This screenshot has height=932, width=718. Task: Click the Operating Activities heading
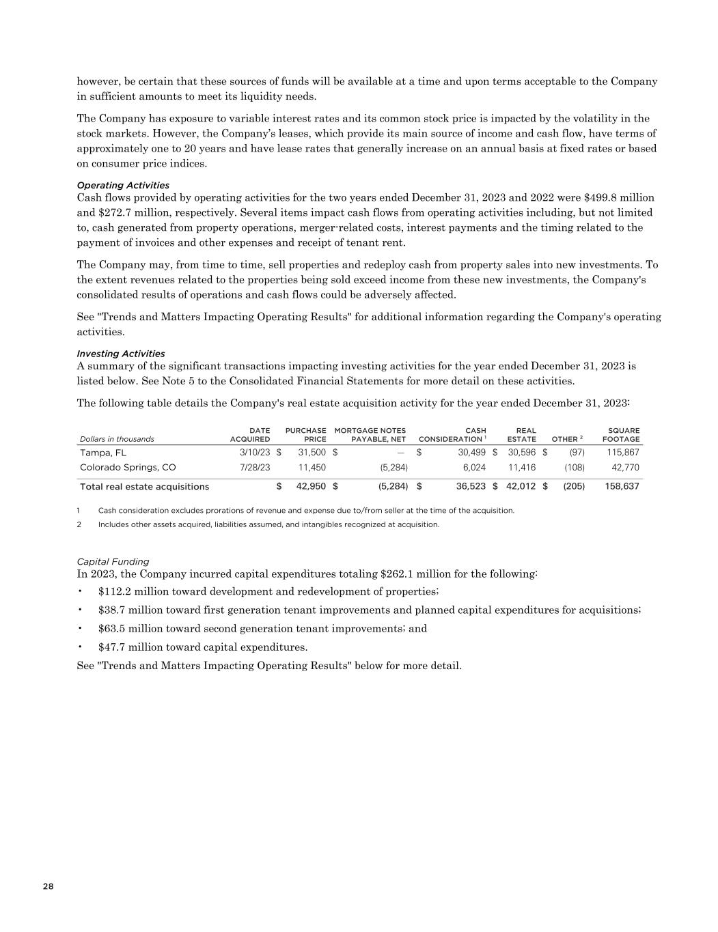coord(123,185)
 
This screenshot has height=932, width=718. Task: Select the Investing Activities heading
coord(121,354)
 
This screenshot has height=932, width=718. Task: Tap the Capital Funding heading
coord(113,561)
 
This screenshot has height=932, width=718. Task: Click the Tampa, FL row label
coord(103,453)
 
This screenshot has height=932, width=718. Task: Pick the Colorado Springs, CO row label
coord(128,468)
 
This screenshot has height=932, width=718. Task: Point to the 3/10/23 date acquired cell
coord(255,453)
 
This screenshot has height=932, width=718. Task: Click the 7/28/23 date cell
coord(255,468)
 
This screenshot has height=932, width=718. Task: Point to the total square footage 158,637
coord(622,487)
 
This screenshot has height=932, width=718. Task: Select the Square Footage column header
coord(621,435)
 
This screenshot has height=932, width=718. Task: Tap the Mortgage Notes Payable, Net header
coord(370,435)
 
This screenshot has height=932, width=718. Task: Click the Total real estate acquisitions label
coord(145,487)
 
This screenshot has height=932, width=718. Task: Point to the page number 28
coord(48,886)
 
